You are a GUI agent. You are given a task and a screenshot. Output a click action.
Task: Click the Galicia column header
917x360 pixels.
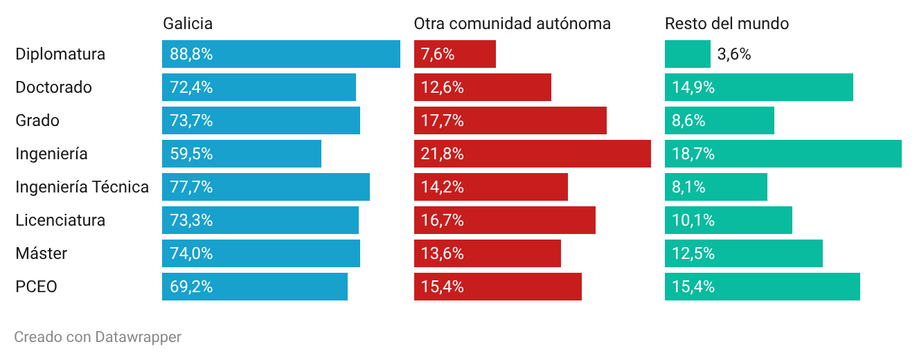[x=188, y=24]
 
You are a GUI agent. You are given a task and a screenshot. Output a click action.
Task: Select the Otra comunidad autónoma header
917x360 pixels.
[x=512, y=24]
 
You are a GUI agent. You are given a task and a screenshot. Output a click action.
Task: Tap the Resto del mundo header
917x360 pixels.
[x=727, y=24]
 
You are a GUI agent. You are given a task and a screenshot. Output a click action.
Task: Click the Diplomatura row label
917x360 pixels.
[x=60, y=54]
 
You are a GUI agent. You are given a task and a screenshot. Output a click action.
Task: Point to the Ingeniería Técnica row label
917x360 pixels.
[x=82, y=187]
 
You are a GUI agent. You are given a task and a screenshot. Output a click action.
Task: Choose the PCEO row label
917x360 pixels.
[x=36, y=287]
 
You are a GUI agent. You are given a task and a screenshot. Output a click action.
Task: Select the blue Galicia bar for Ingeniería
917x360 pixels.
[x=242, y=154]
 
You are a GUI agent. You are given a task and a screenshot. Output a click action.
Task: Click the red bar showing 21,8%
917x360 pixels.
[x=532, y=154]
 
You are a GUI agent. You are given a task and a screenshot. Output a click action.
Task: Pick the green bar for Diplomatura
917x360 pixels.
[x=688, y=54]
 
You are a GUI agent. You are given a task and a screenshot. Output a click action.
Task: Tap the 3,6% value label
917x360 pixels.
[x=734, y=54]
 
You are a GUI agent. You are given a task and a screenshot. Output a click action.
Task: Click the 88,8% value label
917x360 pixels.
[x=191, y=54]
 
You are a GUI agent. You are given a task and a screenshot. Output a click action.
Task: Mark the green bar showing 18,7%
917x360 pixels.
[x=783, y=154]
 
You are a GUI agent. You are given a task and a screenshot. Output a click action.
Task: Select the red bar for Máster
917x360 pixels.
[x=487, y=253]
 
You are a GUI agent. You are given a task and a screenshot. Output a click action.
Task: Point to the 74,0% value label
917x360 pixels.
[x=191, y=253]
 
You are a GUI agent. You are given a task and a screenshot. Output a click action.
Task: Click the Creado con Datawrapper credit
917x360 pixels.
[x=98, y=337]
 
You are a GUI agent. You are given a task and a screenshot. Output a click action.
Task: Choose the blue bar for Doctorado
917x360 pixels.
[x=259, y=87]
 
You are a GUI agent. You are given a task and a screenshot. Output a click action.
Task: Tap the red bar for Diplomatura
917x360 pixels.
[x=455, y=54]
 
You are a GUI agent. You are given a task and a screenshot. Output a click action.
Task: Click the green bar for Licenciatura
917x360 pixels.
[x=729, y=220]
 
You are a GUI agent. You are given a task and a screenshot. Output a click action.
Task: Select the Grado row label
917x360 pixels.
[x=37, y=120]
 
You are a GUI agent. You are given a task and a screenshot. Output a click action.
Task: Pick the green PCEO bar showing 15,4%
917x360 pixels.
[x=763, y=287]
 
